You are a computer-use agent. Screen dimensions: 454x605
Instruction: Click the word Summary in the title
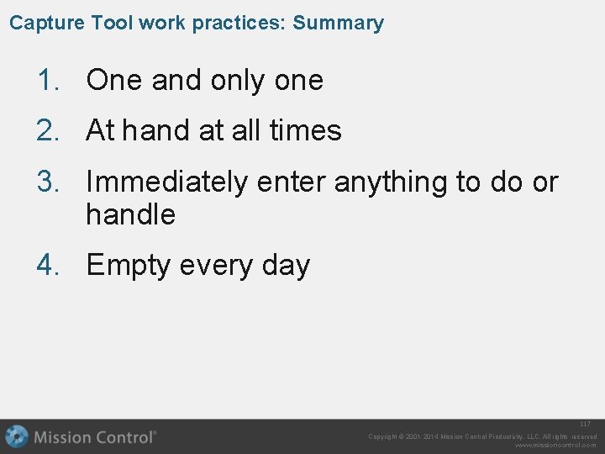(x=338, y=23)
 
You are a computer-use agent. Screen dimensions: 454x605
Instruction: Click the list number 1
(x=47, y=81)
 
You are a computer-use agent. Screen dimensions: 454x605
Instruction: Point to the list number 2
(x=47, y=131)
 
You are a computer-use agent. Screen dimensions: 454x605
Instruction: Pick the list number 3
(x=47, y=182)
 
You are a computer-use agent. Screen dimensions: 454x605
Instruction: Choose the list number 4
(x=47, y=266)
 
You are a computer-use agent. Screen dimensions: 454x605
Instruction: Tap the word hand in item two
(x=150, y=131)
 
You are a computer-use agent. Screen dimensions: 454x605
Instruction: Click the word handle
(x=130, y=215)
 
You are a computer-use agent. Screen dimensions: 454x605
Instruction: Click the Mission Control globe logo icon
(x=17, y=437)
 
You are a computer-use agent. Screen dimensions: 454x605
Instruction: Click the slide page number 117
(x=585, y=425)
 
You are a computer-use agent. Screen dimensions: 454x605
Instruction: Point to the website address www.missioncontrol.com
(x=555, y=446)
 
